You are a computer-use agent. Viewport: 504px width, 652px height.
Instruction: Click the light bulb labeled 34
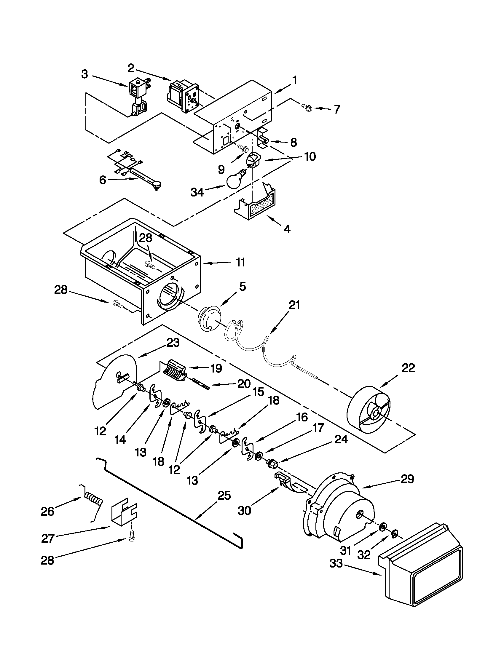[235, 179]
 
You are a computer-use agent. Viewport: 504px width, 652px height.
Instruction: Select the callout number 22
[408, 368]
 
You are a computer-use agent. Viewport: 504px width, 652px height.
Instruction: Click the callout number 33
[336, 564]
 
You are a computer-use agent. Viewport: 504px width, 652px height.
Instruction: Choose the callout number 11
[240, 262]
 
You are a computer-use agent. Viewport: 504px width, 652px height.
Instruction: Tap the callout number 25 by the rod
[224, 496]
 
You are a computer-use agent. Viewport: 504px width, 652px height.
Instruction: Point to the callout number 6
[103, 180]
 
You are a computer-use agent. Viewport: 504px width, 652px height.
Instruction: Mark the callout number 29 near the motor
[407, 479]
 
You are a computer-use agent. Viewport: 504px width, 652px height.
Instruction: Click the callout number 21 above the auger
[294, 305]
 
